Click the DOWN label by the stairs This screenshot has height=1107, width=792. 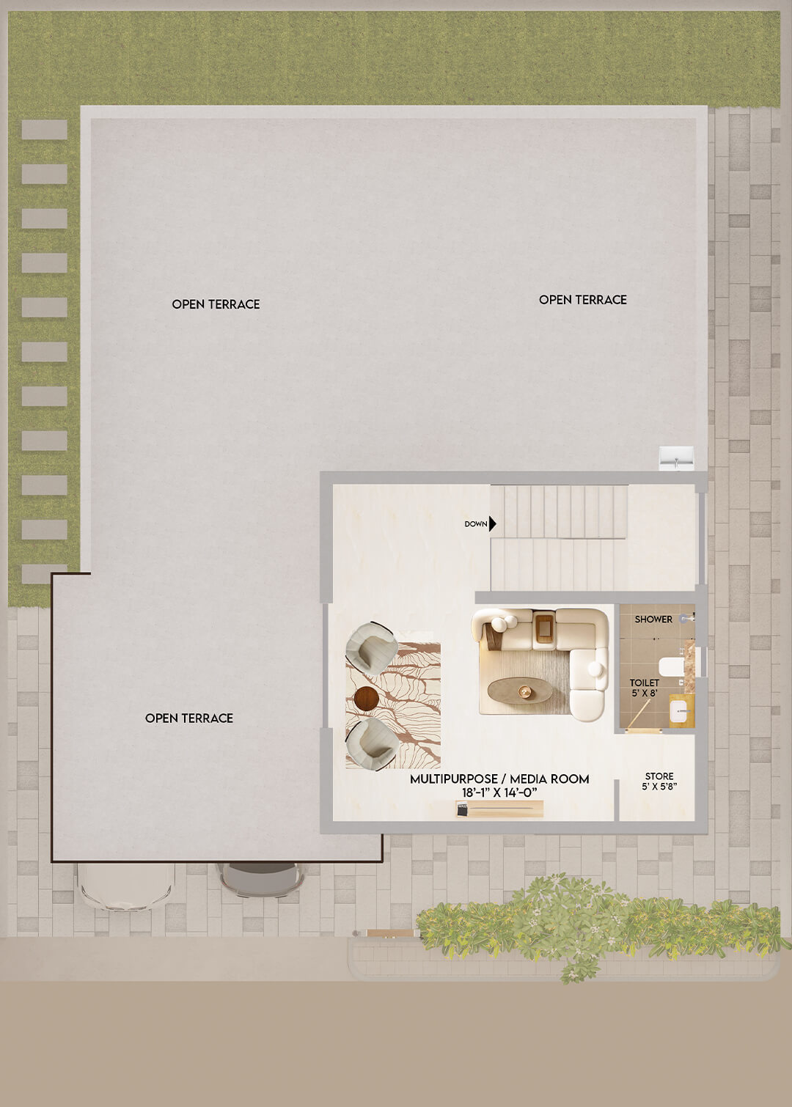[x=476, y=524]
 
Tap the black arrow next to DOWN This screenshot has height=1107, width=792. [x=492, y=524]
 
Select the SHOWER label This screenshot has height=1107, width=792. [x=653, y=619]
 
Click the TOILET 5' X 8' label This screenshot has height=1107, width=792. [x=644, y=688]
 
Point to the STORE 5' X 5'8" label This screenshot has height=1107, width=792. [x=659, y=781]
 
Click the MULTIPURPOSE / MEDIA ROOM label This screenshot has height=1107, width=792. [x=499, y=779]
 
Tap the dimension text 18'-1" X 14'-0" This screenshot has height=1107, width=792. [x=499, y=792]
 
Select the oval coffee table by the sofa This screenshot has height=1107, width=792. [x=519, y=690]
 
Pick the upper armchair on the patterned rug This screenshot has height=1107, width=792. [x=371, y=647]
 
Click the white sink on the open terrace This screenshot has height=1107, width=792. [x=676, y=458]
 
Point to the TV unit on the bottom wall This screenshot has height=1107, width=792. [x=499, y=809]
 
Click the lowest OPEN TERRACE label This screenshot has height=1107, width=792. [x=189, y=718]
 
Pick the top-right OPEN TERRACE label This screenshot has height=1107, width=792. [x=583, y=300]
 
